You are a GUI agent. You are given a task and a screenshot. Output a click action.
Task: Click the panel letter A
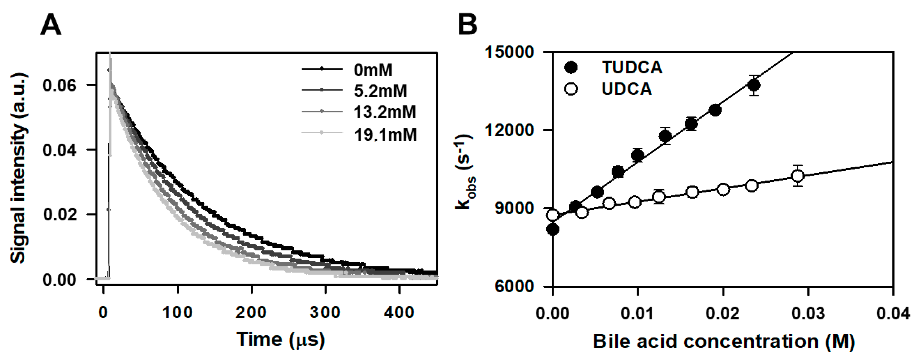click(51, 25)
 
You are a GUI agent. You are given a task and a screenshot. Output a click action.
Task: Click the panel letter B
click(467, 25)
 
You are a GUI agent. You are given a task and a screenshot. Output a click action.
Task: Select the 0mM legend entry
click(373, 70)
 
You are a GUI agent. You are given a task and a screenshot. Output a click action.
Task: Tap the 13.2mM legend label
click(384, 112)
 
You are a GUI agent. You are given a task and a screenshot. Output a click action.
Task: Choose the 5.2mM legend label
click(380, 91)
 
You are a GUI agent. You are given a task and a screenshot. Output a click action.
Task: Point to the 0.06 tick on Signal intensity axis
click(59, 86)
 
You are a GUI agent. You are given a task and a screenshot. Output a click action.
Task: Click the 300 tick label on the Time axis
click(325, 313)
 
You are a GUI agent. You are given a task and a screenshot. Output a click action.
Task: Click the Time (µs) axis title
click(280, 339)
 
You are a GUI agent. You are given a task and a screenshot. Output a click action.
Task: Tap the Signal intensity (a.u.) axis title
click(18, 168)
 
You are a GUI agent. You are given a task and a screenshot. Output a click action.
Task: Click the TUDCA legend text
click(632, 67)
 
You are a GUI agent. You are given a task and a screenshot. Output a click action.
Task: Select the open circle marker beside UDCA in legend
click(571, 89)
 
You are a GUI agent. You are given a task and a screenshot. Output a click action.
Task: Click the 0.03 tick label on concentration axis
click(808, 314)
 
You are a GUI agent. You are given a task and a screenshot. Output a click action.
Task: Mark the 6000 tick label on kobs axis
click(514, 286)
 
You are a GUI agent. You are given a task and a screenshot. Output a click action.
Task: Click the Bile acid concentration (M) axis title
click(724, 341)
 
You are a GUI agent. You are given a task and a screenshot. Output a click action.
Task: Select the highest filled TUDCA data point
click(754, 86)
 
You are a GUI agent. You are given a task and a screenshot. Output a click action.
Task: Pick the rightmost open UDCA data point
click(798, 176)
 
